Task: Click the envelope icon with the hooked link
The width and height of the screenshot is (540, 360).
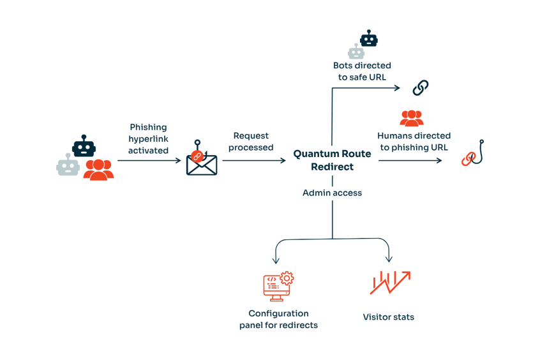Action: (x=201, y=161)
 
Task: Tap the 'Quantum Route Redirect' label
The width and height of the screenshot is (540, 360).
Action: (x=332, y=160)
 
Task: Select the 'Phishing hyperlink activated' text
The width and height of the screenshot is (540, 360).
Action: (x=149, y=139)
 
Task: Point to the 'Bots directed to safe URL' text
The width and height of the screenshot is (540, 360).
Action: (x=362, y=71)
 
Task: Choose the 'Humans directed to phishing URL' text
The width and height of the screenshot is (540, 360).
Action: (x=414, y=141)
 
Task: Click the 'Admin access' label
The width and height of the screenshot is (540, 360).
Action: (x=332, y=192)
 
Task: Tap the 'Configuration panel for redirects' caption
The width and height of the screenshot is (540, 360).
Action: (x=278, y=319)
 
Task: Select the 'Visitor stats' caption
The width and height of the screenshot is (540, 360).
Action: (x=388, y=317)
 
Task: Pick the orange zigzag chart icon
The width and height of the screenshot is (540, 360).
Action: (x=389, y=283)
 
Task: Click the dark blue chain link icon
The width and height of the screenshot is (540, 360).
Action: (x=421, y=87)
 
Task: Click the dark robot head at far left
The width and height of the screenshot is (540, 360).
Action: (x=84, y=147)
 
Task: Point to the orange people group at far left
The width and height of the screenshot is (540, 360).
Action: (x=98, y=169)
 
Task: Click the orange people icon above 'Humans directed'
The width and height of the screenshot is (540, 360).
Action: (x=411, y=118)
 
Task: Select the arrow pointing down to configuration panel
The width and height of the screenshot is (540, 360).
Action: (x=276, y=252)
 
